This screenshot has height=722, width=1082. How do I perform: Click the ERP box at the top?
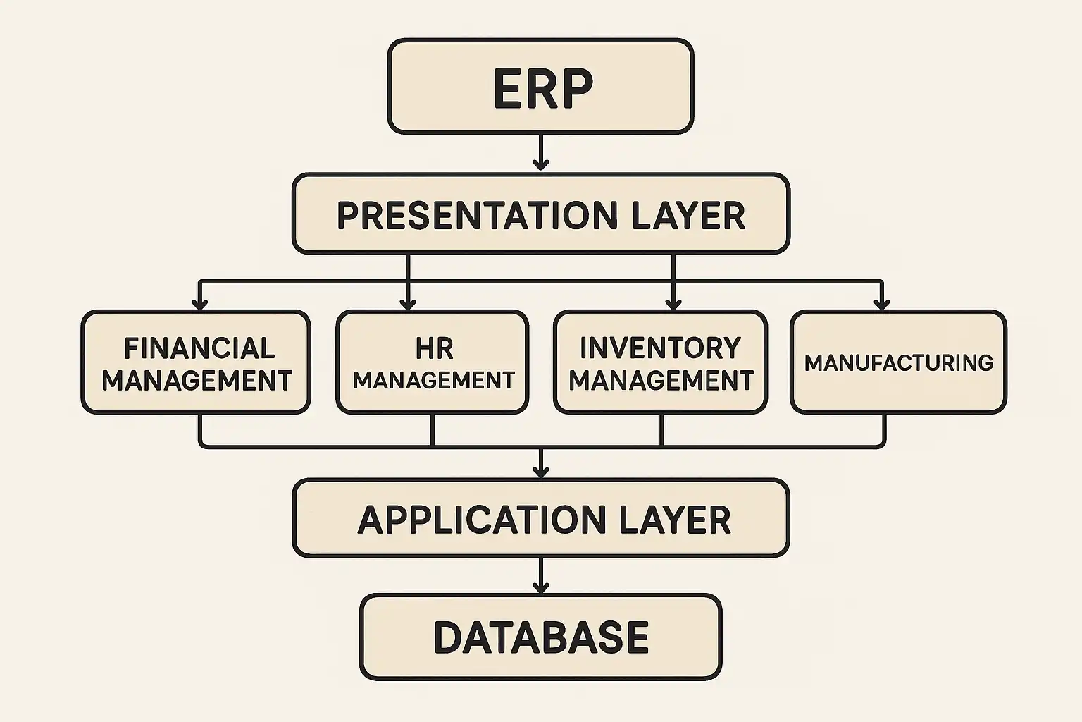(541, 86)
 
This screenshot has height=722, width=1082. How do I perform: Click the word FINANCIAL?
(199, 348)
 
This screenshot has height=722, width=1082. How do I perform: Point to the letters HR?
(434, 348)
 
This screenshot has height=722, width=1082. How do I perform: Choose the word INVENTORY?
(660, 348)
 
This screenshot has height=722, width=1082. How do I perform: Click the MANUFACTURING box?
(898, 362)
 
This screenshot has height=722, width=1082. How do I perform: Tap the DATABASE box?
(541, 637)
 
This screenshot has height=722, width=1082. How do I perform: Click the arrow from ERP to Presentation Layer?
(540, 152)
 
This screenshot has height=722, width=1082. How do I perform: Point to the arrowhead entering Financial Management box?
(200, 304)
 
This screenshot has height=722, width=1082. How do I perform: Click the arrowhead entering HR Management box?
(408, 304)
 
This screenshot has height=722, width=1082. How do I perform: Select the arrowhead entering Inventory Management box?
(673, 304)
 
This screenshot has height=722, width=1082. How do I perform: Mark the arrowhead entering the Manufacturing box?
(881, 304)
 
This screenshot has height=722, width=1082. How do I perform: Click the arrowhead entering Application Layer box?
(540, 471)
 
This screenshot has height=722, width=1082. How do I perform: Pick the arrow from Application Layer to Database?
(540, 576)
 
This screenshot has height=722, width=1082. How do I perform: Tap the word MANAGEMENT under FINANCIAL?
(197, 381)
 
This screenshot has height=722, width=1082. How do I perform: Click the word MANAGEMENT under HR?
(434, 381)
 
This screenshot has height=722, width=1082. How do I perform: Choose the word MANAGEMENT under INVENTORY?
(661, 381)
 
